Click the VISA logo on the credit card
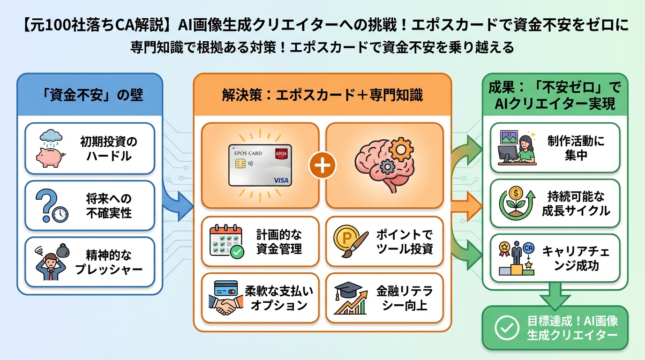[281, 180]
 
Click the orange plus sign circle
[322, 165]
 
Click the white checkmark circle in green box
[507, 328]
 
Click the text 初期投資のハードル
[108, 148]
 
